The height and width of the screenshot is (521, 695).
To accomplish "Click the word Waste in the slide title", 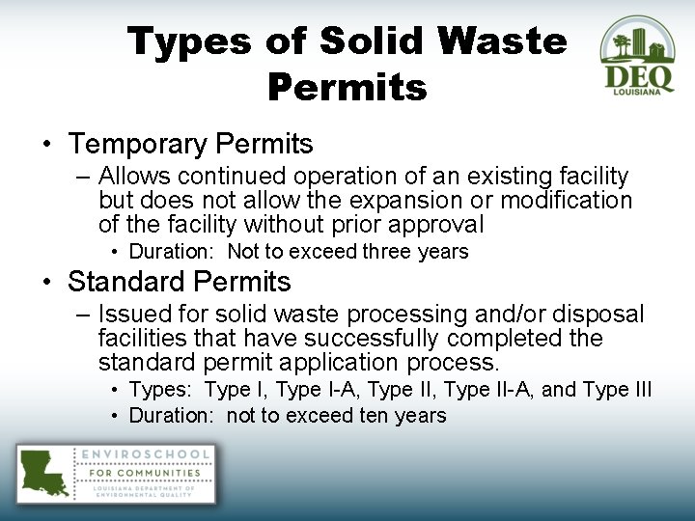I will point(502,41).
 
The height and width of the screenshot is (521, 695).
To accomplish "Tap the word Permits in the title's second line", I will point(347,88).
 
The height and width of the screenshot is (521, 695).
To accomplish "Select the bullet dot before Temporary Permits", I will point(46,146).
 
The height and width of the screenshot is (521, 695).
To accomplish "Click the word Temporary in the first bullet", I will point(137,145).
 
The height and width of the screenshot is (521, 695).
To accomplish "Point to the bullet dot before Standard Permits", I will point(46,283).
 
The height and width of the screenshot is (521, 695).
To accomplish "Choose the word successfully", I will point(372,339).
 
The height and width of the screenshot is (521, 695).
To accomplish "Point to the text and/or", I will point(507,315).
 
